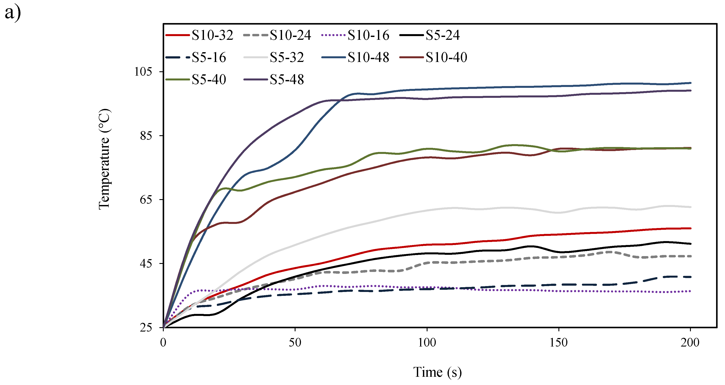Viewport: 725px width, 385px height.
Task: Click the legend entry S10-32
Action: click(212, 35)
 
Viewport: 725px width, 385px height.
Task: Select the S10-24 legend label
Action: click(291, 35)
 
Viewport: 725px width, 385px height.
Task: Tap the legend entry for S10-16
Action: click(368, 35)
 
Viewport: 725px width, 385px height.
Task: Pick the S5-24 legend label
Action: click(443, 35)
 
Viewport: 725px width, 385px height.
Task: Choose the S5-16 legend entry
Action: click(209, 57)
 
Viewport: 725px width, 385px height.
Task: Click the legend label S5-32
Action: click(287, 57)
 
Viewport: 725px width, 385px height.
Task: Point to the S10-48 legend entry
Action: click(368, 57)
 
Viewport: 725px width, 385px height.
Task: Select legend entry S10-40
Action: click(446, 57)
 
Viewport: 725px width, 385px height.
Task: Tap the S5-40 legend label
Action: click(209, 80)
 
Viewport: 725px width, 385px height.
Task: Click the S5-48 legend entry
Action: click(287, 80)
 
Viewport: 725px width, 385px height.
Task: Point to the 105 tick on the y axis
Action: click(143, 72)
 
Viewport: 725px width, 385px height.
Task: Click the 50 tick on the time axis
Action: click(295, 343)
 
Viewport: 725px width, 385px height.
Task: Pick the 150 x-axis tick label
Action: click(559, 343)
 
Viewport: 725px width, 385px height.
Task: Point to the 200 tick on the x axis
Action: click(690, 343)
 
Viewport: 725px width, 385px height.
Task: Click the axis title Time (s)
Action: click(437, 372)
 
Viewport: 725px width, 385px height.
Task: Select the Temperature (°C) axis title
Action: click(104, 159)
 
